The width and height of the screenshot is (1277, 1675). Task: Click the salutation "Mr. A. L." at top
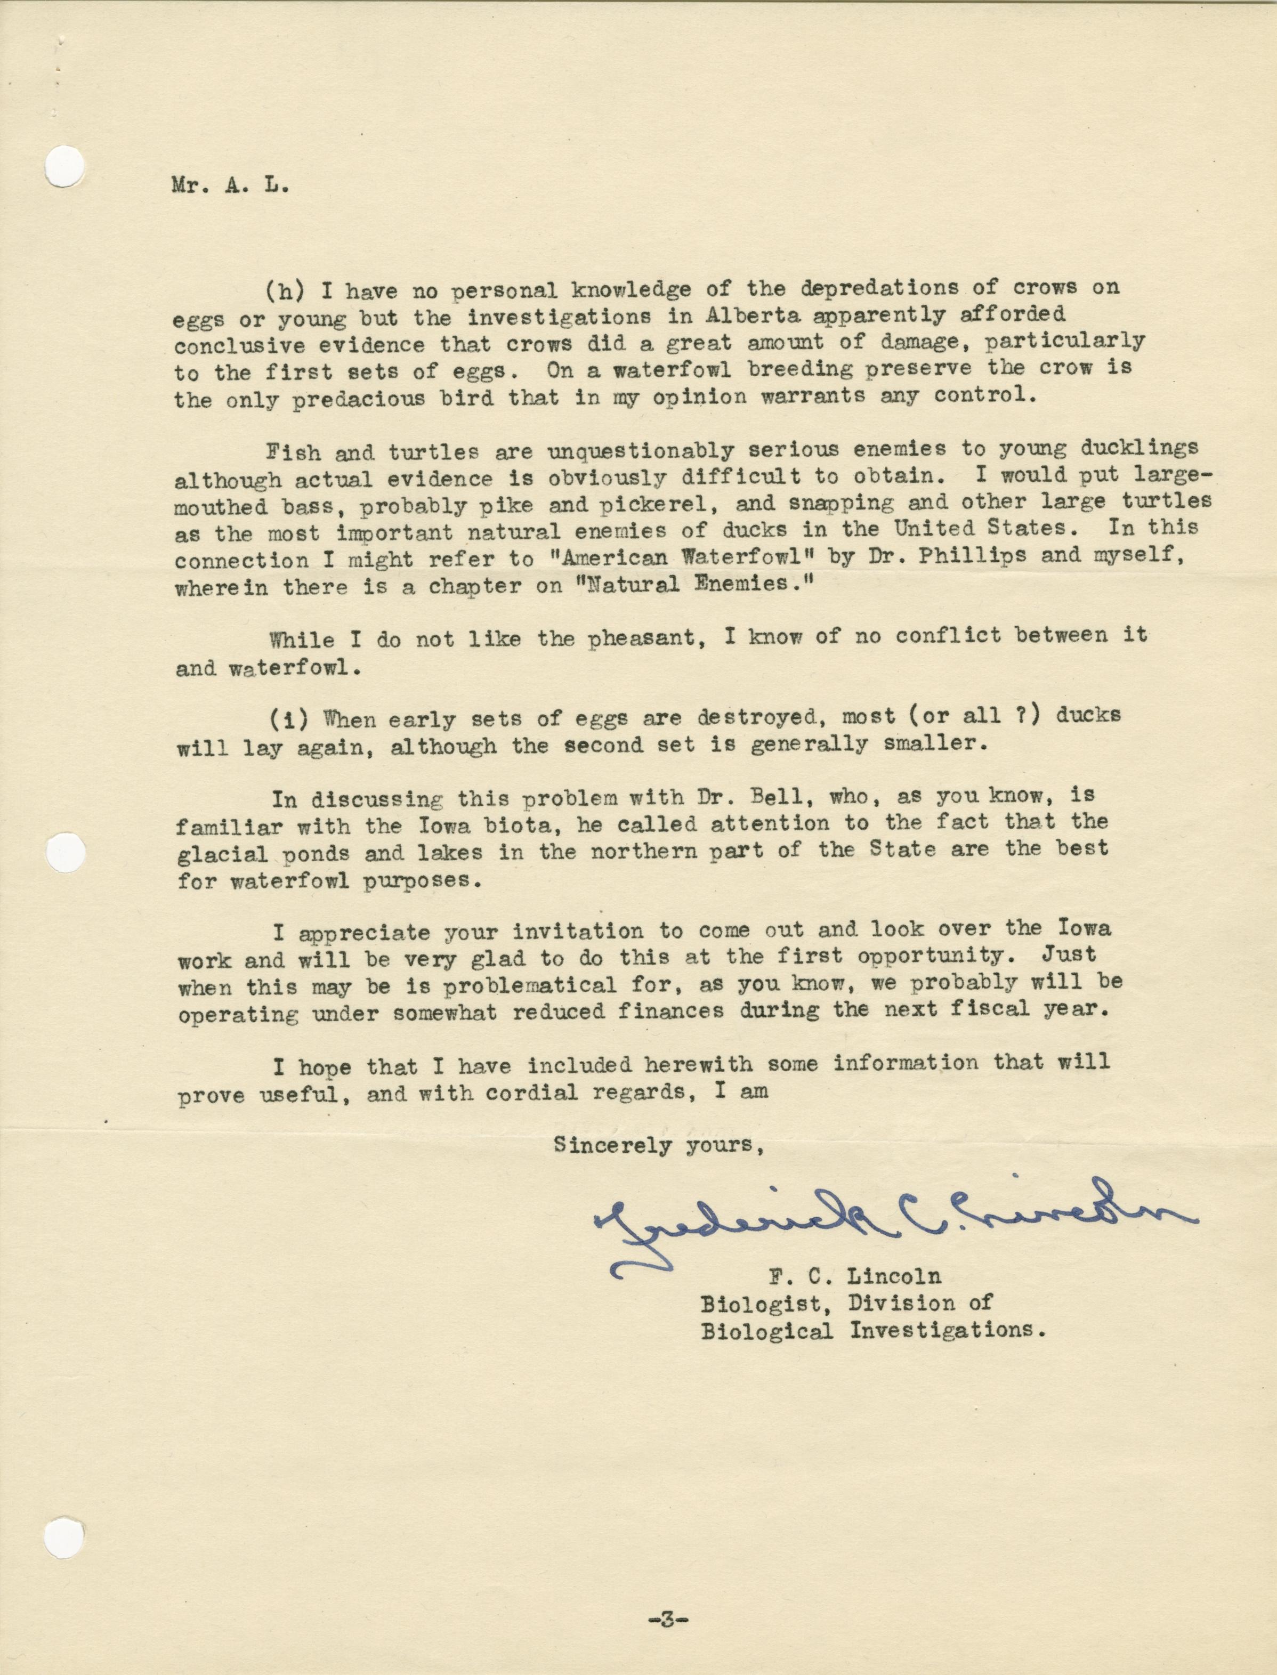230,187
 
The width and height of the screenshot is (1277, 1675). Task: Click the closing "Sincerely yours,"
658,1145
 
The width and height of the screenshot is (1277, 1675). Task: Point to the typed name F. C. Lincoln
854,1276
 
